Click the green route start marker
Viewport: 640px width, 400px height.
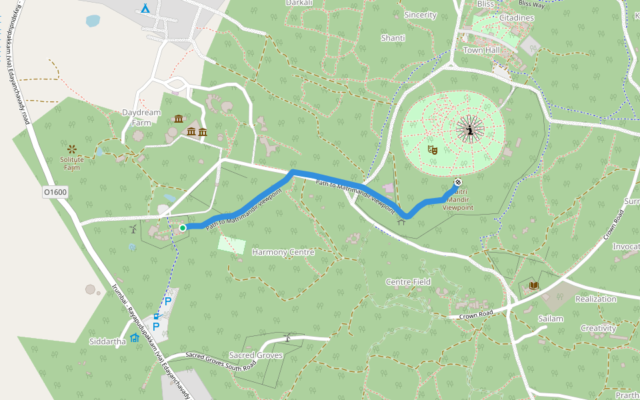[x=183, y=228]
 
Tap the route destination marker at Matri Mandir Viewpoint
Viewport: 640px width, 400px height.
[x=458, y=182]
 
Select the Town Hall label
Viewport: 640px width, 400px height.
[x=481, y=50]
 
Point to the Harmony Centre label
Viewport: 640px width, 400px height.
[x=283, y=252]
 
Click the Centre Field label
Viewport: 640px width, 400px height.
[x=408, y=282]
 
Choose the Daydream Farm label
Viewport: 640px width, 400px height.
[x=141, y=117]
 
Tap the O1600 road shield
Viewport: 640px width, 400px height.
[x=55, y=192]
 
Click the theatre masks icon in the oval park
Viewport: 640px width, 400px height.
[x=432, y=149]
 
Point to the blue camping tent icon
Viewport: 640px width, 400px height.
[x=145, y=9]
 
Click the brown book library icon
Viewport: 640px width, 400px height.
[x=533, y=286]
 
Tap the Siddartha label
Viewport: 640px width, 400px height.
[x=107, y=341]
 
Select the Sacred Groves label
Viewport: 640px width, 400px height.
[x=256, y=355]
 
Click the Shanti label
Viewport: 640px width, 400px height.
[x=393, y=38]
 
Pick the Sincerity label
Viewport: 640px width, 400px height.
[x=420, y=15]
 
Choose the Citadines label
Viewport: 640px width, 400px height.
[x=517, y=17]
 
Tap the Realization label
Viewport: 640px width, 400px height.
[x=596, y=299]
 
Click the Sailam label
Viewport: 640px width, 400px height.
[x=551, y=319]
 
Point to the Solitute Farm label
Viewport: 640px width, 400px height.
[x=72, y=163]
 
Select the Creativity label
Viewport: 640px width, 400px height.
[x=598, y=328]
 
